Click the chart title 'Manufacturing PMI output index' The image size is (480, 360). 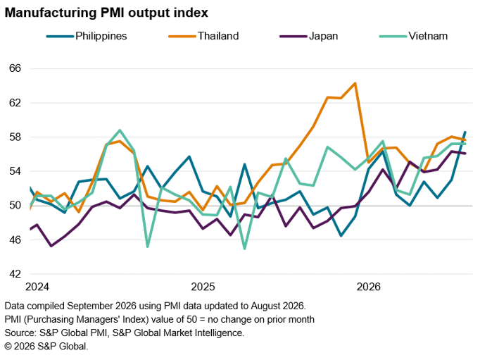click(x=106, y=13)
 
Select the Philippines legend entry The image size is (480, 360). click(x=87, y=36)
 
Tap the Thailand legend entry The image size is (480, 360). click(x=203, y=36)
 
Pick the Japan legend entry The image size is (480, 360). click(x=309, y=36)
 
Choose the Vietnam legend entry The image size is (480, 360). click(x=414, y=36)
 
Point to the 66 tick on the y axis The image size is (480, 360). click(x=15, y=68)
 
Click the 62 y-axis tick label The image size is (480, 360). click(x=15, y=103)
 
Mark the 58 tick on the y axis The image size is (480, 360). click(x=15, y=137)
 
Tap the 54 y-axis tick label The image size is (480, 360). click(x=15, y=171)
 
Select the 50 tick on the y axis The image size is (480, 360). click(x=15, y=205)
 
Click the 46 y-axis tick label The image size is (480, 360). click(x=15, y=240)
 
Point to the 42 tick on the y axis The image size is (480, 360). click(x=15, y=274)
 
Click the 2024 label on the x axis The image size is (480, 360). click(x=37, y=287)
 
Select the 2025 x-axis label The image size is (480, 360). click(x=203, y=287)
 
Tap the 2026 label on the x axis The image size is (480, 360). click(x=369, y=287)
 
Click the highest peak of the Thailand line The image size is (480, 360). click(x=355, y=83)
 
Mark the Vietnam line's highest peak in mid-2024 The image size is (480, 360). click(x=120, y=130)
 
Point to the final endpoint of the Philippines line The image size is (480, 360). click(x=465, y=132)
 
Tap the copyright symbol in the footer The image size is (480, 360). click(x=8, y=347)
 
